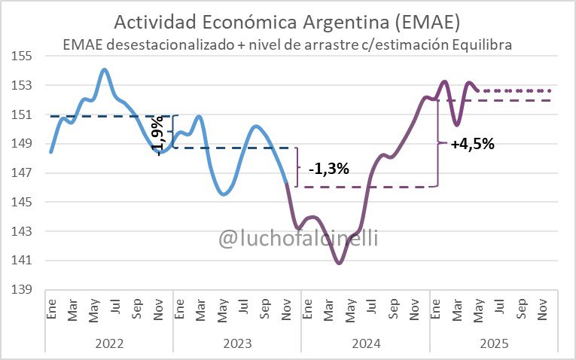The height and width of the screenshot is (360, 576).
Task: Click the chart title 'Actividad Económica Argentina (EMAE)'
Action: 288,20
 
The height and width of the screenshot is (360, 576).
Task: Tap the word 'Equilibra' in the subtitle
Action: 482,44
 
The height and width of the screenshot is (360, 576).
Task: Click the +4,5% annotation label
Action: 472,145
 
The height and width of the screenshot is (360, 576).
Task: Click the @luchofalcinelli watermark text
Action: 298,239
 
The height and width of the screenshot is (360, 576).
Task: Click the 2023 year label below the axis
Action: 237,343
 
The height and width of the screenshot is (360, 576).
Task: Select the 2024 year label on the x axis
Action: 365,343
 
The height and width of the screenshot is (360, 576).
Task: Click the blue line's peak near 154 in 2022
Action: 105,70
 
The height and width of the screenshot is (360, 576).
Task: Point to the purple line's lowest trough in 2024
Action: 340,263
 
